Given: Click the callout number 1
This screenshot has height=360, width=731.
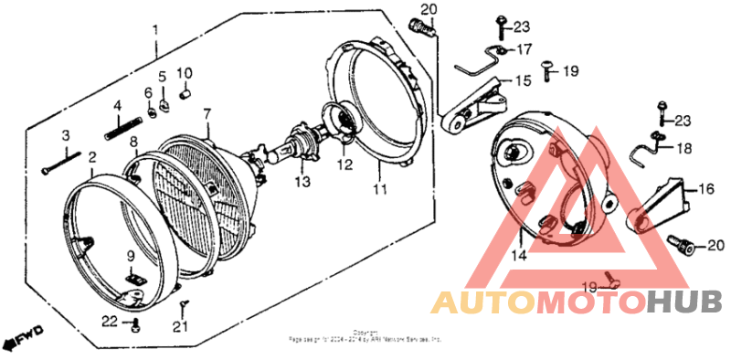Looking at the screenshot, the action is coord(155,29).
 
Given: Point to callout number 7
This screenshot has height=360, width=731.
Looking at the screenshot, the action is coord(207,113).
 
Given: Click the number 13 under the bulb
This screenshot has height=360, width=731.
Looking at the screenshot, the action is coord(303,182).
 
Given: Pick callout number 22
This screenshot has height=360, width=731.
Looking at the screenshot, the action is coord(110,321).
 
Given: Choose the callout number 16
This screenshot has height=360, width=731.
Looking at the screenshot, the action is coord(705,189).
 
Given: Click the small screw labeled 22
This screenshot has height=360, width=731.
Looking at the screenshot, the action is coord(136,325).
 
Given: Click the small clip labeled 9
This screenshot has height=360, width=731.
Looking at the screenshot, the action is coord(133,275).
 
